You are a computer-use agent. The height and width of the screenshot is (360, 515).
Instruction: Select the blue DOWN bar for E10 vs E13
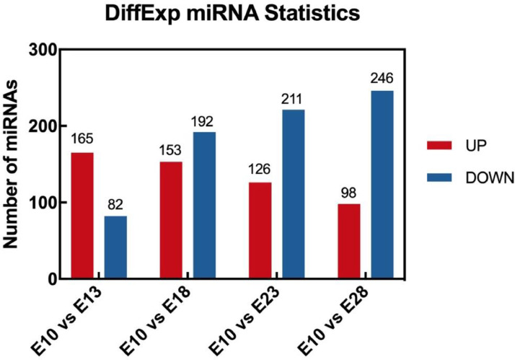(115, 247)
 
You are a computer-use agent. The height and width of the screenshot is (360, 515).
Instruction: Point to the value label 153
(171, 152)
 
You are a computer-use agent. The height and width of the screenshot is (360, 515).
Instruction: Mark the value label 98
(348, 193)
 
